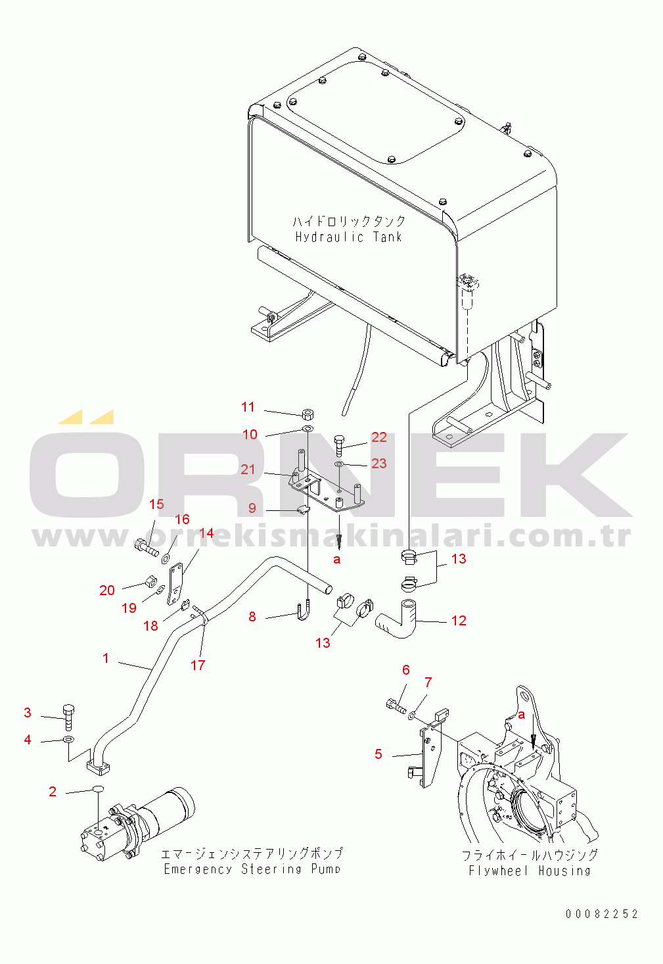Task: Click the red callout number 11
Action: click(x=248, y=406)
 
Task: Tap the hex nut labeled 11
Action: click(x=308, y=414)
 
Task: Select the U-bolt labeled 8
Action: click(x=303, y=612)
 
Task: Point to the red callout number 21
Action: click(x=248, y=469)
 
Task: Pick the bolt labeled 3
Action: click(x=68, y=717)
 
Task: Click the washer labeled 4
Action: click(x=68, y=740)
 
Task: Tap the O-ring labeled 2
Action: click(x=98, y=788)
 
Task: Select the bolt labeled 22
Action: click(x=339, y=446)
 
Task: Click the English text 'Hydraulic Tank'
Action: click(x=348, y=237)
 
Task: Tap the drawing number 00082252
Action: click(x=601, y=913)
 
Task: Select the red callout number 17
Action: click(x=198, y=665)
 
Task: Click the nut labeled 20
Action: click(x=151, y=582)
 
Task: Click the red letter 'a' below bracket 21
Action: click(x=336, y=560)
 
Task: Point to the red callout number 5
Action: click(x=378, y=754)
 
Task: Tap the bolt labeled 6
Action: click(x=396, y=706)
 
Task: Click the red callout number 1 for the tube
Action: click(x=106, y=658)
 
